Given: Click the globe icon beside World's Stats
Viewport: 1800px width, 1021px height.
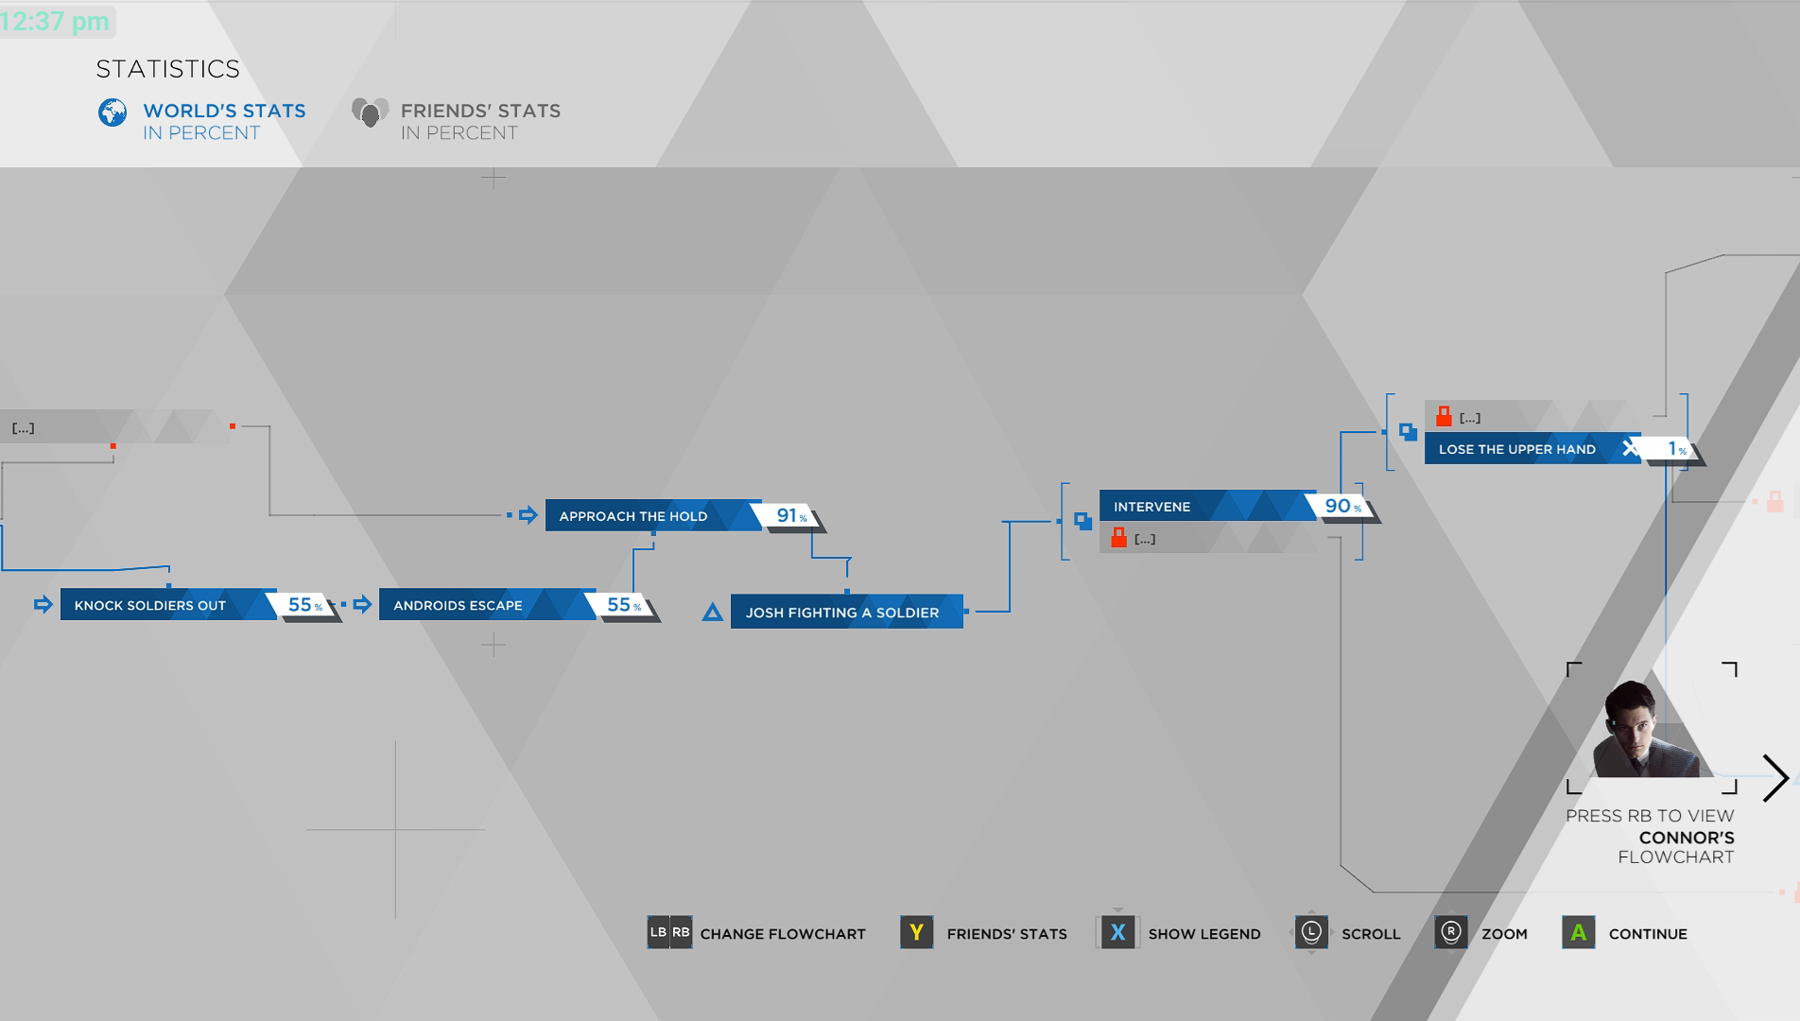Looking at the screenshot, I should [x=112, y=112].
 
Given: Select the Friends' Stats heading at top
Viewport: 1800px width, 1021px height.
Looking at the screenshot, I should [x=479, y=112].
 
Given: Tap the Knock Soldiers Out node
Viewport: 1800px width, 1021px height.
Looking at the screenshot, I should [x=151, y=605].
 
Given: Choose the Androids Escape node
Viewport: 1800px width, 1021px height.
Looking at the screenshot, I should [x=459, y=605].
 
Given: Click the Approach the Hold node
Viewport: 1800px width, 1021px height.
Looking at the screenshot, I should [x=633, y=516].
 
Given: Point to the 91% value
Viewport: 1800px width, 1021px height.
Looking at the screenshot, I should [x=790, y=516].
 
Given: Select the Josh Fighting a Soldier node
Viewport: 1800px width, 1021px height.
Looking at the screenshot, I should [x=842, y=613].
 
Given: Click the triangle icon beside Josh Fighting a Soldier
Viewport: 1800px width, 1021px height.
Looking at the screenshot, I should [x=713, y=613].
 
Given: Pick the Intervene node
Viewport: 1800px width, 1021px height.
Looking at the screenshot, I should [x=1152, y=507].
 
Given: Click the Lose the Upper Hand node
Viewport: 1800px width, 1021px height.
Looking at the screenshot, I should [x=1517, y=449].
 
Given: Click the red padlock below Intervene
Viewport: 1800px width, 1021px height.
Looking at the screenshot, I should [x=1119, y=538].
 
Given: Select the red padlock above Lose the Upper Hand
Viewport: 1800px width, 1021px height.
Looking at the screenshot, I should [x=1444, y=416].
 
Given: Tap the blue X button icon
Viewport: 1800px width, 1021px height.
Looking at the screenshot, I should [x=1117, y=933].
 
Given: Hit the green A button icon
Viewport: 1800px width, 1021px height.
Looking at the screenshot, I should [x=1578, y=933].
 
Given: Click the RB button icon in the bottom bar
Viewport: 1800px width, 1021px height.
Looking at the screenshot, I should [x=681, y=932].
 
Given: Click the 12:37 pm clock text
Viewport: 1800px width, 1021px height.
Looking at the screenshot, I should [x=56, y=21].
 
